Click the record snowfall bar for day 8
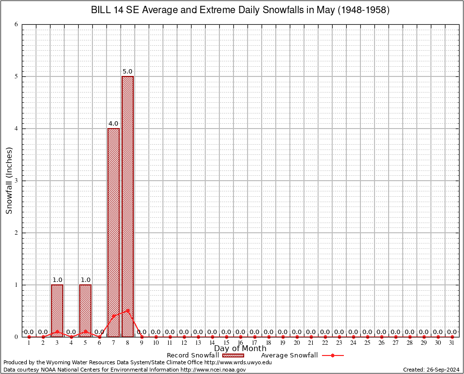[x=127, y=206]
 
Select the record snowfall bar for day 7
[x=113, y=232]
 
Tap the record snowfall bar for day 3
[x=57, y=310]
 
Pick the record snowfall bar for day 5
[x=86, y=310]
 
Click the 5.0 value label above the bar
[x=127, y=72]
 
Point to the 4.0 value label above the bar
[x=113, y=124]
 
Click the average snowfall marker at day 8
[x=127, y=310]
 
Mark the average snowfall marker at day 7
[x=113, y=316]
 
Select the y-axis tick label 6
[x=17, y=24]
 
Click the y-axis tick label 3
[x=17, y=181]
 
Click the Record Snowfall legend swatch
[x=232, y=355]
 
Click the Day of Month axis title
[x=240, y=349]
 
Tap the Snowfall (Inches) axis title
[x=9, y=180]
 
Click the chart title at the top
[x=240, y=10]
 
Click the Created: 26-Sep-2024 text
[x=431, y=370]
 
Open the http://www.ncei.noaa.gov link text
[x=213, y=370]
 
